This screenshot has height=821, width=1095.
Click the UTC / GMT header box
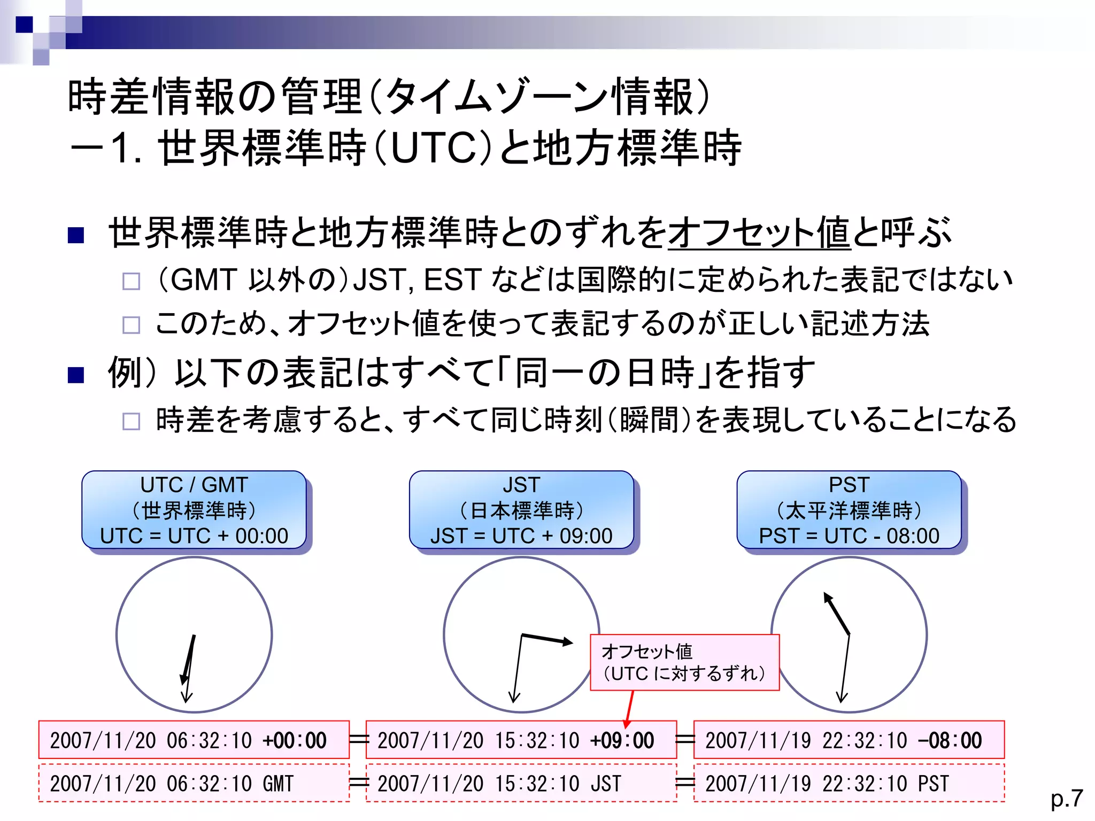(x=194, y=510)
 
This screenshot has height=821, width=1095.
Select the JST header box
(x=521, y=510)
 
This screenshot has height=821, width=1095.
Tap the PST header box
(x=849, y=510)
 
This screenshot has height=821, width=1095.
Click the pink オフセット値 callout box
(x=684, y=663)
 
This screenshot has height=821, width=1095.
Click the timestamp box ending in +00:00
(x=194, y=740)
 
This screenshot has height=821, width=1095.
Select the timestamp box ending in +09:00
(x=521, y=740)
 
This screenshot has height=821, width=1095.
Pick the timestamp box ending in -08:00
(x=849, y=740)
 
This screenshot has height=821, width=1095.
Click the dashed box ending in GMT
(x=194, y=783)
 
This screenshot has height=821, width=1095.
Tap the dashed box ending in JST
(x=521, y=783)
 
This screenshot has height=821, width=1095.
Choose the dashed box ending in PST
(x=849, y=783)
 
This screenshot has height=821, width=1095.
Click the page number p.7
(x=1066, y=799)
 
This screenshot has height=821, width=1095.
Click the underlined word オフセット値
(x=759, y=233)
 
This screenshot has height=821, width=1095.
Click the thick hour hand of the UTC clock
(x=189, y=660)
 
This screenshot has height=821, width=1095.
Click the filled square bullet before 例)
(x=76, y=375)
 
